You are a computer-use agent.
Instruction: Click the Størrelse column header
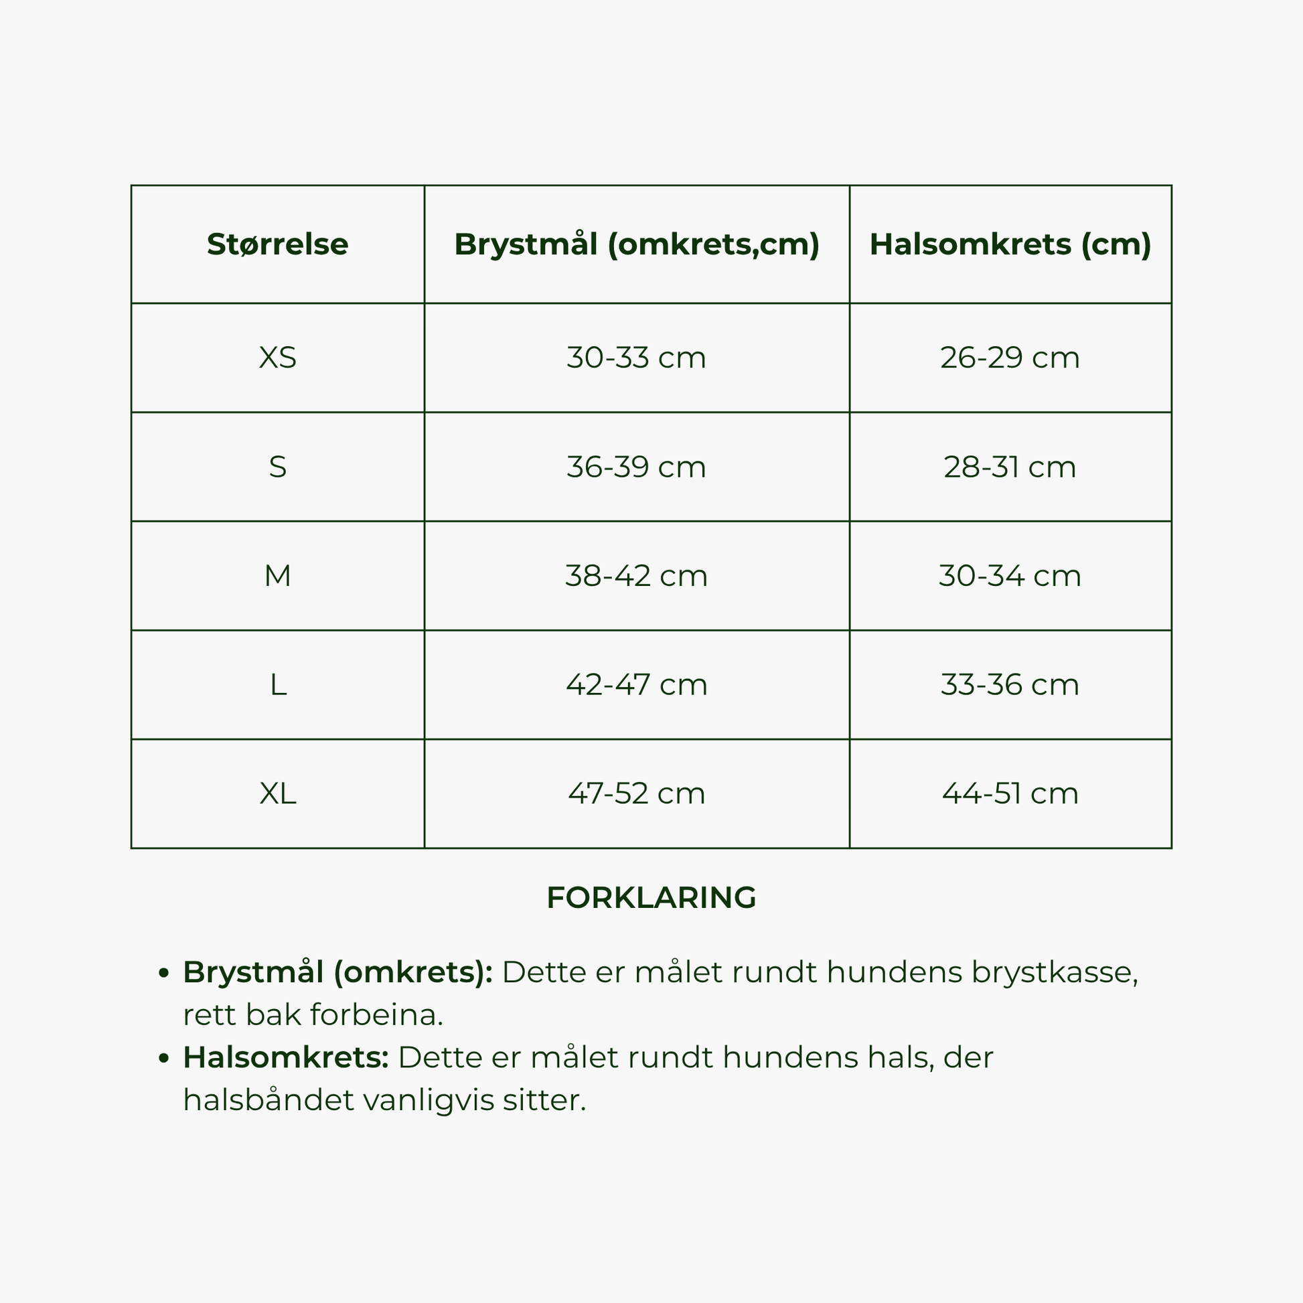[x=277, y=244]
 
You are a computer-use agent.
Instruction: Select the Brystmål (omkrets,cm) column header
[x=637, y=244]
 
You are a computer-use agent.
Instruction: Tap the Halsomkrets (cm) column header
[x=1010, y=244]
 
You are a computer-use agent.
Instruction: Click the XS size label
[x=277, y=358]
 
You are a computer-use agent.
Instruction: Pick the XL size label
[x=277, y=793]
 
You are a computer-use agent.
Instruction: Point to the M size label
[x=277, y=576]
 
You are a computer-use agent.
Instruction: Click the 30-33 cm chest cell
[x=636, y=358]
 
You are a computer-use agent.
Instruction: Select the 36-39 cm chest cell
[x=636, y=467]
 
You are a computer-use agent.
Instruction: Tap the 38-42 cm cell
[x=636, y=576]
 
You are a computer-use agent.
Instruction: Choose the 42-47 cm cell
[x=636, y=684]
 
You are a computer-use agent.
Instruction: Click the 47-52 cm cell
[x=636, y=793]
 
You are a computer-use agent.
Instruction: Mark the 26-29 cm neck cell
[x=1010, y=358]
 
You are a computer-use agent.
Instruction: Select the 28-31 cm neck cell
[x=1010, y=467]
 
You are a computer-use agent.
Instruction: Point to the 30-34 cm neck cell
[x=1010, y=576]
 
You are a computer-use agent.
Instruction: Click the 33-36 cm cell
[x=1010, y=684]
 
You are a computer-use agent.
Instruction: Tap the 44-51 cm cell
[x=1010, y=793]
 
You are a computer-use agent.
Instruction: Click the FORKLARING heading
[x=651, y=898]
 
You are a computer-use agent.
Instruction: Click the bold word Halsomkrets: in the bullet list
[x=286, y=1057]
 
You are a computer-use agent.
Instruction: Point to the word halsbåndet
[x=269, y=1100]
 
